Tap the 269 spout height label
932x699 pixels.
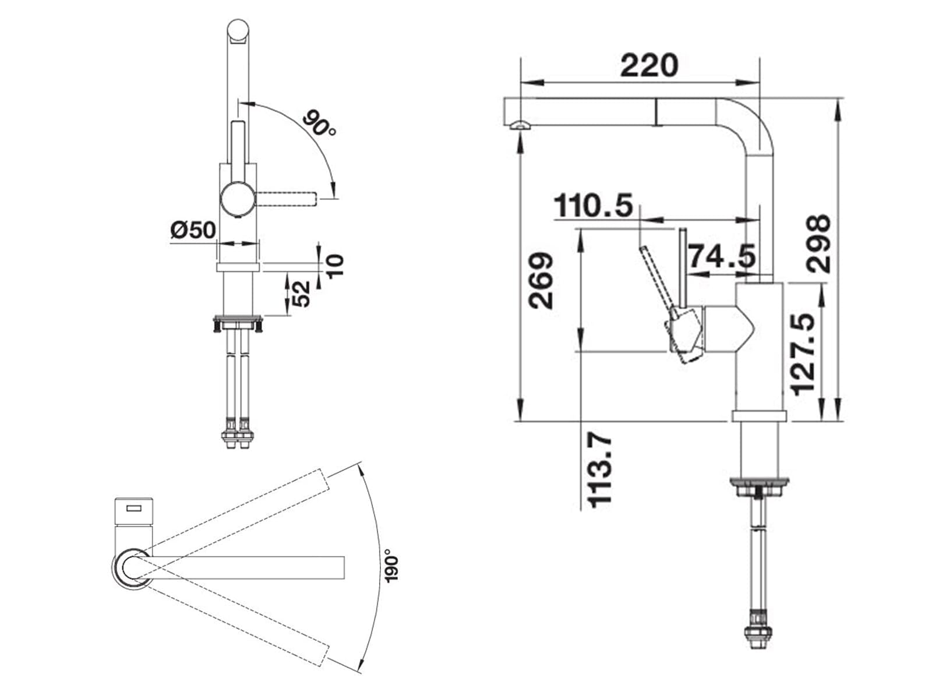(541, 281)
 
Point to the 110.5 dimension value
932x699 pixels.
(593, 206)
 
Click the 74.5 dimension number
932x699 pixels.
(721, 256)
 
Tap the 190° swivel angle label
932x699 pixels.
(393, 566)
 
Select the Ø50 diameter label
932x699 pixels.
(193, 230)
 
